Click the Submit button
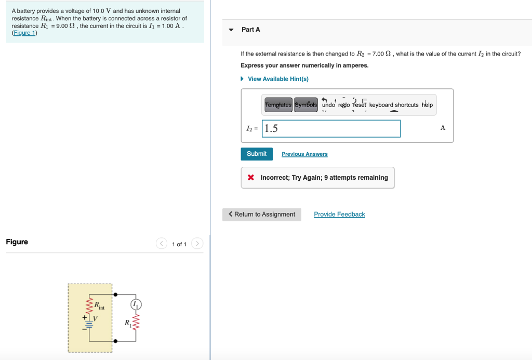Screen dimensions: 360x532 pos(257,154)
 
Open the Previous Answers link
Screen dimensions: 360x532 pos(304,154)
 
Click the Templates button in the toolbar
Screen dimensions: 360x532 pos(278,104)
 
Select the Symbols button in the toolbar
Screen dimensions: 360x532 pos(306,104)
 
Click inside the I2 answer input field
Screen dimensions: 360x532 pos(331,128)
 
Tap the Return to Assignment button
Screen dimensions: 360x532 pos(262,215)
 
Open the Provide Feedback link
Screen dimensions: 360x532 pos(339,215)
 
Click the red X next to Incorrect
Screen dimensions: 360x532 pos(251,178)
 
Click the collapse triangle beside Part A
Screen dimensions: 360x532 pos(231,30)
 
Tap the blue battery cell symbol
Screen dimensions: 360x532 pos(89,323)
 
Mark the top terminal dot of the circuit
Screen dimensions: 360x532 pos(115,294)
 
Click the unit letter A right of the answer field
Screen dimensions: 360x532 pos(443,127)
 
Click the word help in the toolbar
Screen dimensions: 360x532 pos(427,104)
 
